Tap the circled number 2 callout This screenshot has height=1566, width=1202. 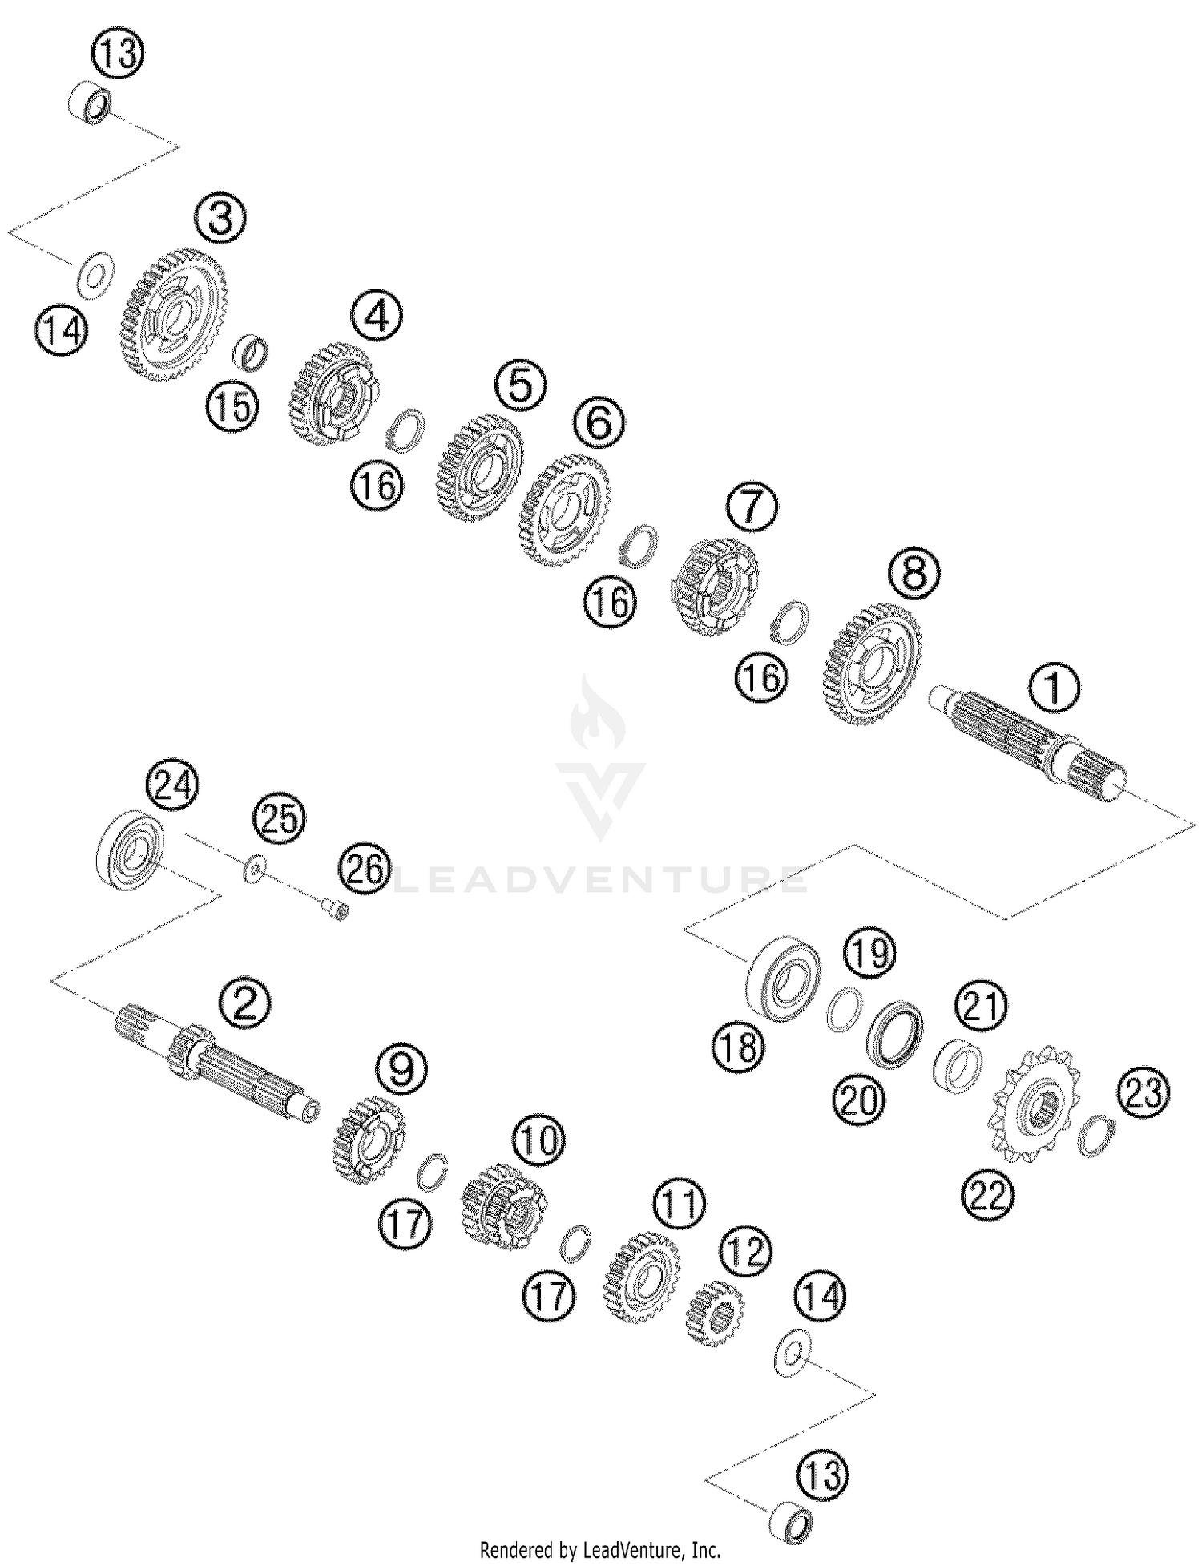click(245, 1003)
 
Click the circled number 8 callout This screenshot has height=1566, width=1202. click(914, 574)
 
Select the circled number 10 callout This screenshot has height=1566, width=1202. click(538, 1140)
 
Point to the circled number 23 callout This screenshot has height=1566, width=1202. click(1144, 1092)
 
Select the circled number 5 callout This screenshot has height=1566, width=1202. click(519, 385)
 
